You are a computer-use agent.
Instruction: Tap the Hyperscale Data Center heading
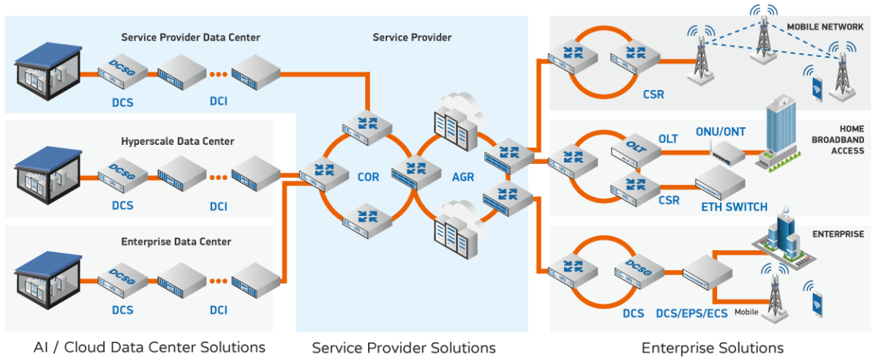pyautogui.click(x=178, y=141)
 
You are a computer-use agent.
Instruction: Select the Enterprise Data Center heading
pyautogui.click(x=176, y=242)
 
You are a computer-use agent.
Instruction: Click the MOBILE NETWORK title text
pyautogui.click(x=825, y=27)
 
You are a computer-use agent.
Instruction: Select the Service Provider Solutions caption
pyautogui.click(x=404, y=347)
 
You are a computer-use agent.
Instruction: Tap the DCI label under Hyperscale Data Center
pyautogui.click(x=219, y=206)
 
